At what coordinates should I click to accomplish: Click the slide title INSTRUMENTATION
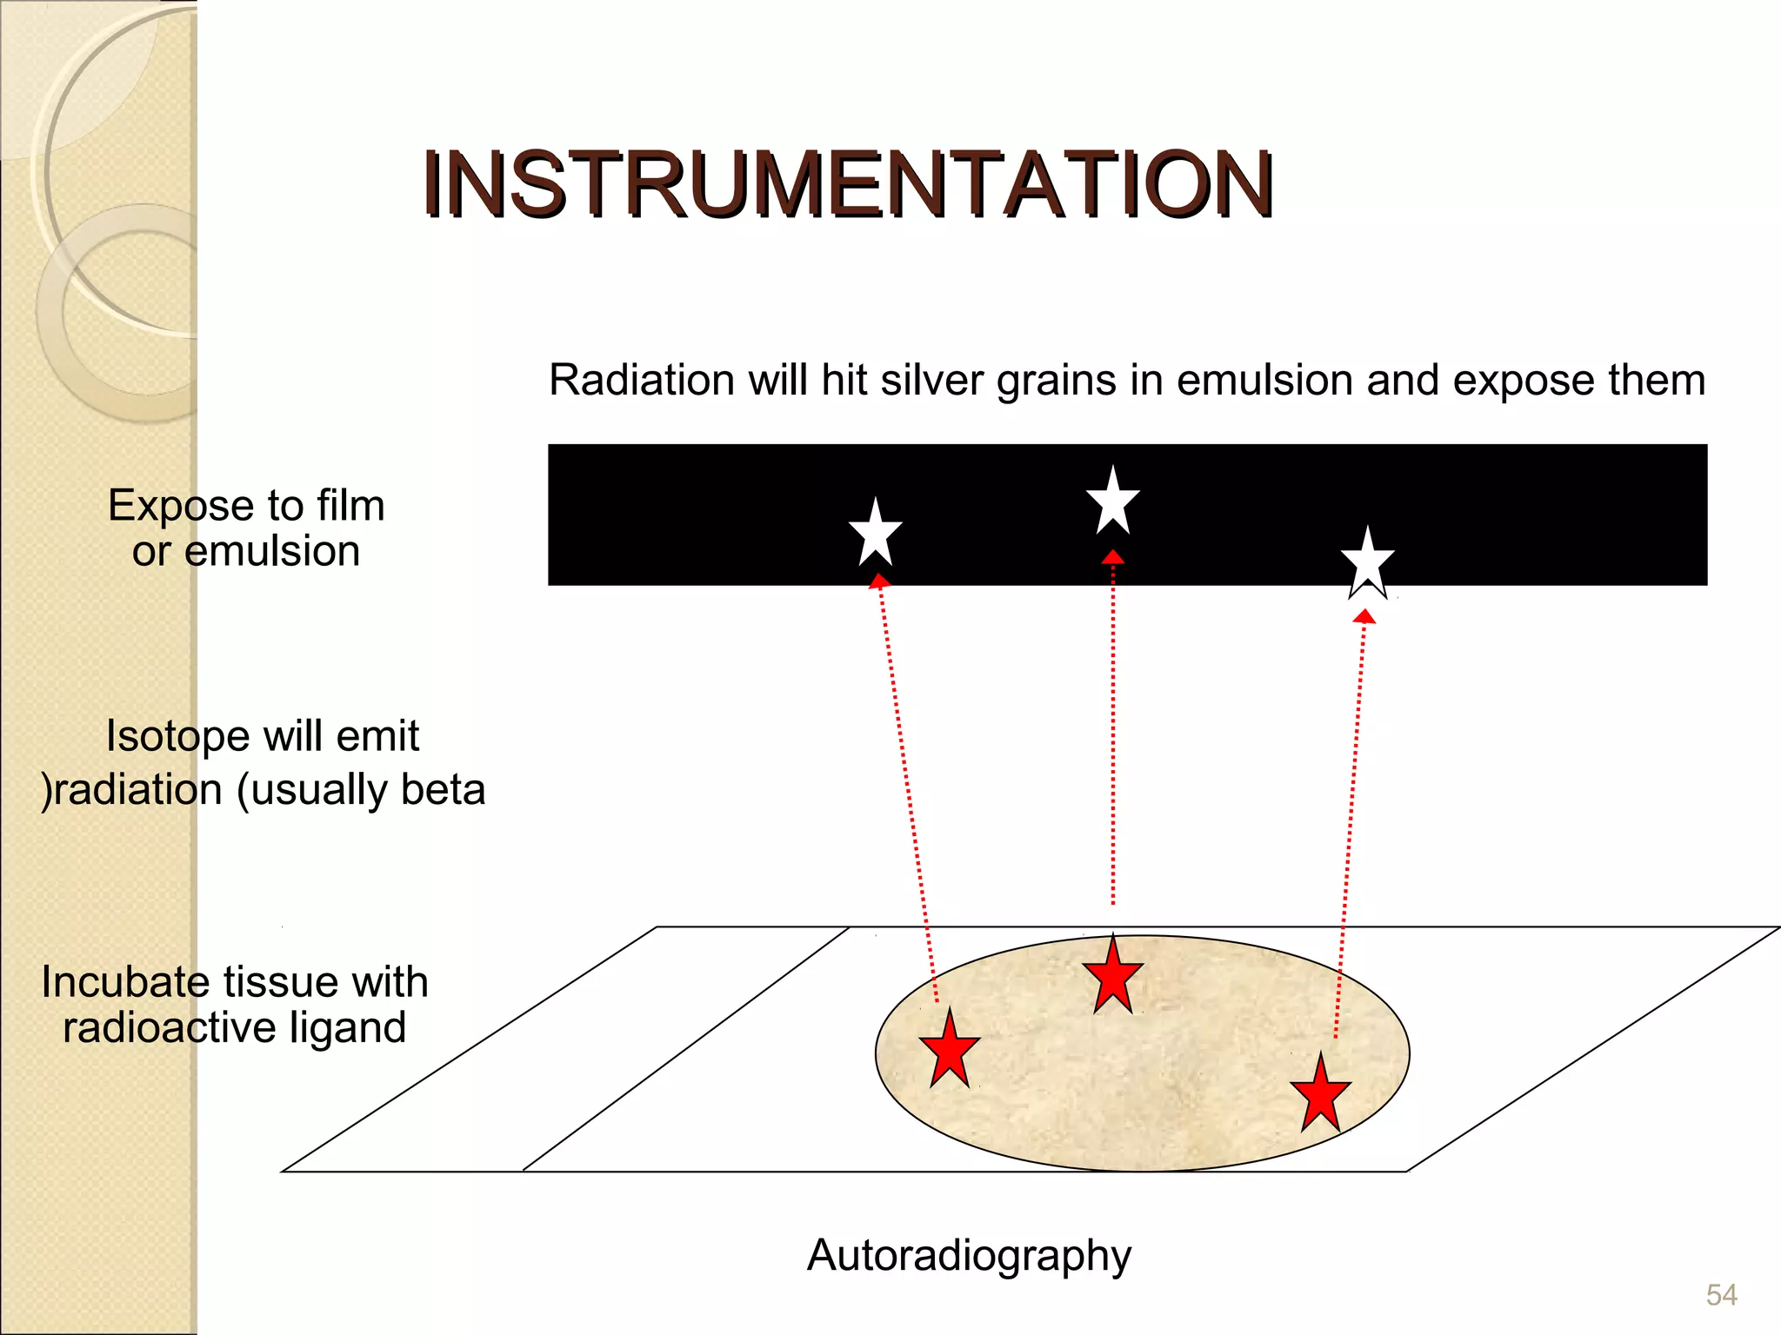[848, 184]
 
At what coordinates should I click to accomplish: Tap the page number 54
[1721, 1295]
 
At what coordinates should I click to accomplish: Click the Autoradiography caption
[969, 1255]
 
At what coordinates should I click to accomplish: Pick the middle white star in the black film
[1113, 502]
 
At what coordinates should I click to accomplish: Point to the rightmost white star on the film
[1368, 561]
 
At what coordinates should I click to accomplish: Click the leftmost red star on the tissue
[950, 1050]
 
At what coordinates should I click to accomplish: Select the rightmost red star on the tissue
[1320, 1094]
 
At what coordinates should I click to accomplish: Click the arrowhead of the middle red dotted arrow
[1113, 557]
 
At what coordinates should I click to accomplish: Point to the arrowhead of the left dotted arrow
[879, 581]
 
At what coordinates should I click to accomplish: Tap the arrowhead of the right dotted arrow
[1364, 617]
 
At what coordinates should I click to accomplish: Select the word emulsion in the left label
[272, 551]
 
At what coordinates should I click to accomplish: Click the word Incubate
[126, 982]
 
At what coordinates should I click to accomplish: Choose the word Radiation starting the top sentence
[643, 381]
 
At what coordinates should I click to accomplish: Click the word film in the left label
[350, 505]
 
